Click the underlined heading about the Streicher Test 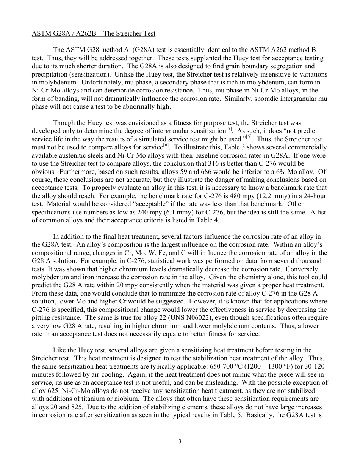pos(93,33)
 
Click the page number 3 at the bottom pos(180,441)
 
